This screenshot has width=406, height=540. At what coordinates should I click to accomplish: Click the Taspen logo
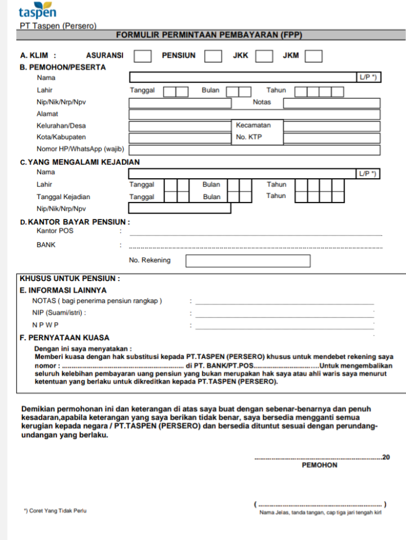click(x=37, y=10)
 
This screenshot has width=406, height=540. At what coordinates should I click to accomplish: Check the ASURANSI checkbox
click(x=143, y=56)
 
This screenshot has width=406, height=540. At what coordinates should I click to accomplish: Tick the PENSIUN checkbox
click(x=213, y=56)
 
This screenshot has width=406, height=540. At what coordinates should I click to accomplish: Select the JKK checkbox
click(x=264, y=56)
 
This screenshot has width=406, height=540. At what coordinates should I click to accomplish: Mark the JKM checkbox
click(x=314, y=56)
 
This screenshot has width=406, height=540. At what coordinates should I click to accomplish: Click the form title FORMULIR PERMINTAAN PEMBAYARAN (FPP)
click(x=209, y=35)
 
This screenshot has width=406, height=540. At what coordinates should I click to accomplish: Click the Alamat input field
click(x=254, y=114)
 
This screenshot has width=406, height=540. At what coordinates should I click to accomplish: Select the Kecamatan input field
click(x=332, y=126)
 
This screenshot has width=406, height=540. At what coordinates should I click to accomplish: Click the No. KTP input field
click(x=332, y=138)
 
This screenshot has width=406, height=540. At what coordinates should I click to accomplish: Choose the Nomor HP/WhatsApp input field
click(x=254, y=150)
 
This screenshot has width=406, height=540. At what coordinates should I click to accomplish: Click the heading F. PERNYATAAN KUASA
click(x=64, y=337)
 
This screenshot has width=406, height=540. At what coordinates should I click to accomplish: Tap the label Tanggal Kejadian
click(x=63, y=197)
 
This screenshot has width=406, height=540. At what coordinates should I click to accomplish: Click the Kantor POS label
click(x=55, y=231)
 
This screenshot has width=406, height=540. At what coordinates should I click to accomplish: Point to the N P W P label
click(x=46, y=325)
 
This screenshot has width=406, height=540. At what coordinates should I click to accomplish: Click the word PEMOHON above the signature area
click(x=320, y=465)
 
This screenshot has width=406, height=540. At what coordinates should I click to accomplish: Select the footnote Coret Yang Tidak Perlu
click(x=55, y=511)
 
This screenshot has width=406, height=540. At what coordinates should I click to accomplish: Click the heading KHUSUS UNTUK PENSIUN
click(x=70, y=278)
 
